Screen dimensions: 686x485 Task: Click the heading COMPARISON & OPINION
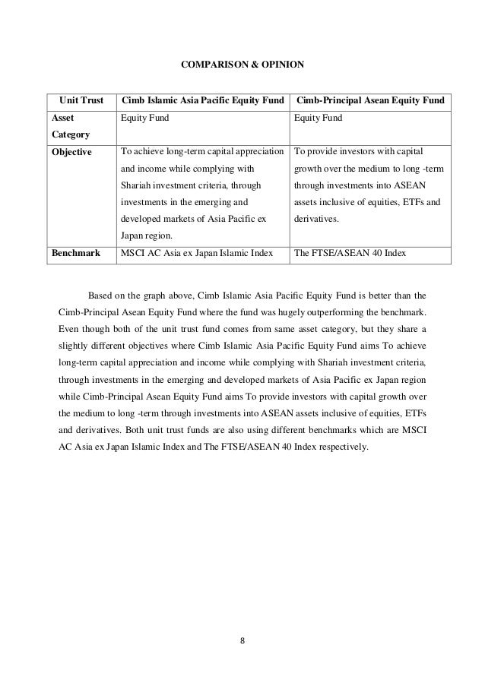pyautogui.click(x=242, y=65)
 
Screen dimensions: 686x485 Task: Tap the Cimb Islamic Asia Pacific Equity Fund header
pyautogui.click(x=202, y=101)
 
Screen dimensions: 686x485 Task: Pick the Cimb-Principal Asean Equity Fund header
pyautogui.click(x=370, y=101)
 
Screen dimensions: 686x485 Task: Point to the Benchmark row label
pyautogui.click(x=75, y=253)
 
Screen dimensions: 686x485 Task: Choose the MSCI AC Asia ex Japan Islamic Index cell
pyautogui.click(x=196, y=253)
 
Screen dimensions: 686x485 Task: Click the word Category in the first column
pyautogui.click(x=70, y=135)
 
